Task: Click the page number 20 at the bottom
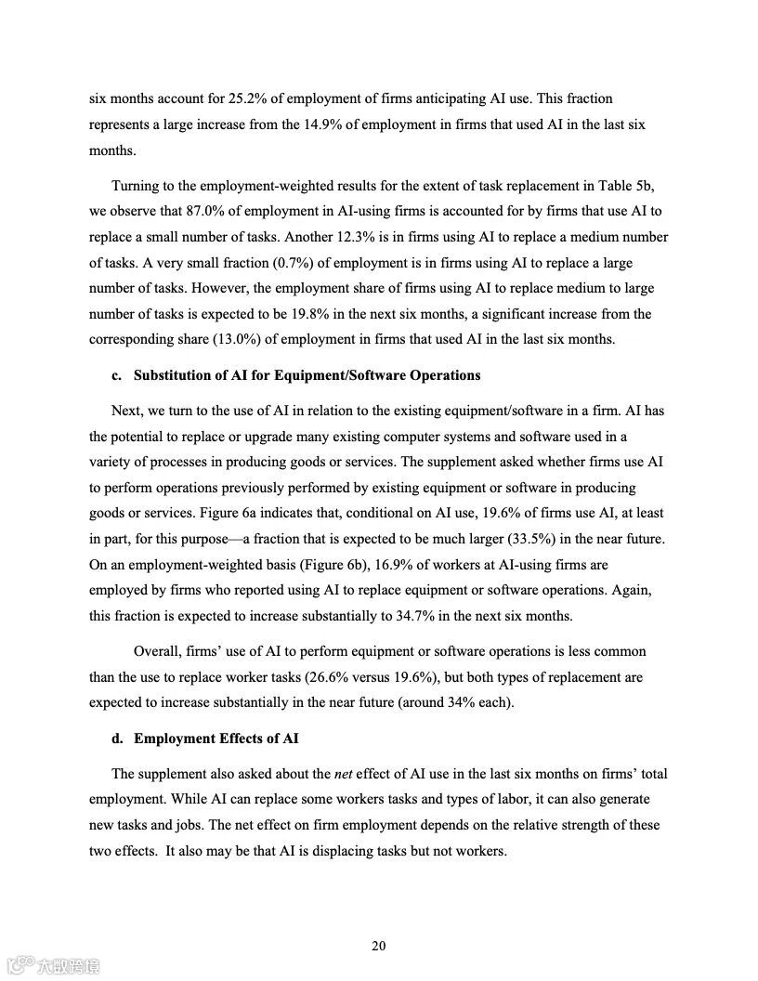point(378,946)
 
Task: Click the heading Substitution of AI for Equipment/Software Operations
point(307,375)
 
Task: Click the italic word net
point(344,774)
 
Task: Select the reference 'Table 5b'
point(632,185)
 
